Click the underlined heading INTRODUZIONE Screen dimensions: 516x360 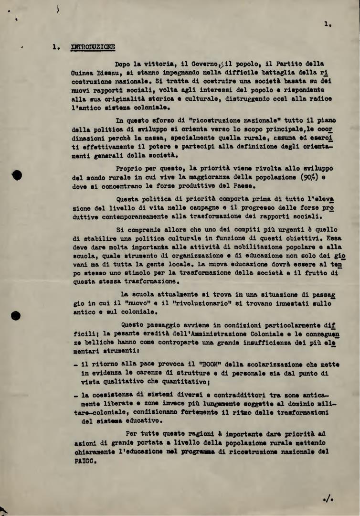coord(93,47)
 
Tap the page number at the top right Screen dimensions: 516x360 coord(327,23)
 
